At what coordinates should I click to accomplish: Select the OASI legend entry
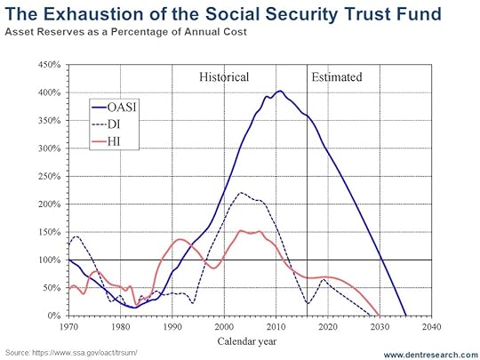(114, 108)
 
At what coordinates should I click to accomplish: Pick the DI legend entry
(106, 124)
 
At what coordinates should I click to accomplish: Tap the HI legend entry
(106, 141)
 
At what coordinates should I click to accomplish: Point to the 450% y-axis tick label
(49, 65)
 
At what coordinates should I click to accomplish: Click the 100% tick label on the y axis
(49, 260)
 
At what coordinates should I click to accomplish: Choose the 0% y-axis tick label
(54, 316)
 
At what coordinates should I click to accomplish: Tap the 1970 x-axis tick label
(68, 327)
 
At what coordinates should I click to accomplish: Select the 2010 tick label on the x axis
(276, 327)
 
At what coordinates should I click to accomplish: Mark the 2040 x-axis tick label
(432, 327)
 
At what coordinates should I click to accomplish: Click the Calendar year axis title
(247, 341)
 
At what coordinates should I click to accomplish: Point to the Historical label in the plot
(224, 76)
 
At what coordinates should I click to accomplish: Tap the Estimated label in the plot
(337, 76)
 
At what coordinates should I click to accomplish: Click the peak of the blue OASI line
(279, 91)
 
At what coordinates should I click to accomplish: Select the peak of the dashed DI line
(241, 193)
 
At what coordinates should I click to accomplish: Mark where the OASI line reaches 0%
(406, 316)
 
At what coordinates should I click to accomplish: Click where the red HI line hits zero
(380, 315)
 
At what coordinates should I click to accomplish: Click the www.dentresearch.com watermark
(431, 355)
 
